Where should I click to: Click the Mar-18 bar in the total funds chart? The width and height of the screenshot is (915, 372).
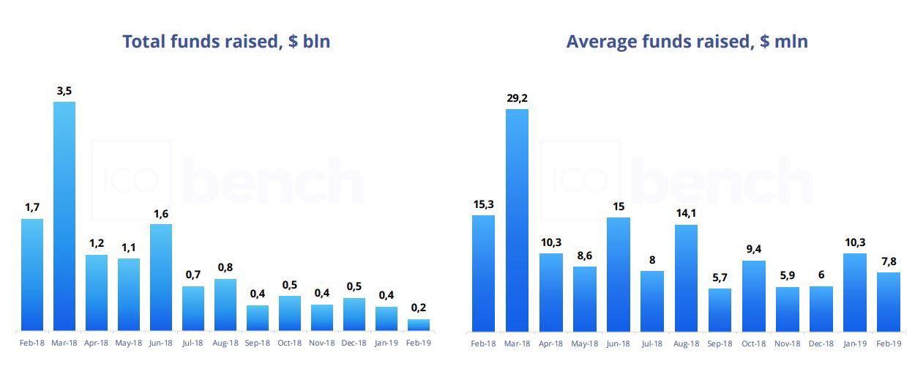(64, 216)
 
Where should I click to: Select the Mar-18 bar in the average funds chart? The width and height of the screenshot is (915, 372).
(517, 220)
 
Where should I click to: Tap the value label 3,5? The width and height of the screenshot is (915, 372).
(64, 91)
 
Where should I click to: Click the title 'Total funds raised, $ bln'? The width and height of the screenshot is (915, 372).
(226, 42)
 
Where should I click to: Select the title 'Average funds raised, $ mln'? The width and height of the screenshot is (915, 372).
(687, 42)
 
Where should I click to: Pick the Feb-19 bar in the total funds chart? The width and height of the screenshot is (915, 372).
(419, 324)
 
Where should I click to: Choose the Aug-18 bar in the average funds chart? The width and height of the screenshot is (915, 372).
(685, 278)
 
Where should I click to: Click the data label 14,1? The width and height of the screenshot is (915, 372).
(685, 214)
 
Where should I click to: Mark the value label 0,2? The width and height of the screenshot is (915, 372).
(419, 308)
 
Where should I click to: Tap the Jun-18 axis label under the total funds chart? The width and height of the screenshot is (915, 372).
(161, 343)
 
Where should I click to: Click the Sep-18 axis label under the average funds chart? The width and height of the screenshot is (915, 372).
(719, 343)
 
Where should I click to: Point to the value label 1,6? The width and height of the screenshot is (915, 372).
(161, 213)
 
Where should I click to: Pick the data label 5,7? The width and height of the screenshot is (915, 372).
(719, 278)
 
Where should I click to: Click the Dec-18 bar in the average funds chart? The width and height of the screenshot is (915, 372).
(821, 308)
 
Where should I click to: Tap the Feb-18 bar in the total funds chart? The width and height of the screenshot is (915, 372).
(32, 275)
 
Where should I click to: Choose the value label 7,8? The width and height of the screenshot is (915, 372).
(889, 261)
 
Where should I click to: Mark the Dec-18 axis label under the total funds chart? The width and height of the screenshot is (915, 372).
(354, 343)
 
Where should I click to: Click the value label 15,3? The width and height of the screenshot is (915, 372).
(483, 204)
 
